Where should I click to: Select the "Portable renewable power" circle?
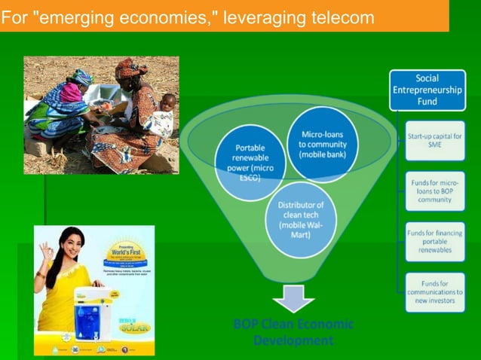(250, 162)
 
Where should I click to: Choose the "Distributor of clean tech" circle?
(300, 219)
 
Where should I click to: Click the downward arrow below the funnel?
(293, 298)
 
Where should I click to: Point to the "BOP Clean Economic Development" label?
(293, 332)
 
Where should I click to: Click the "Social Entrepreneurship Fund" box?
(427, 90)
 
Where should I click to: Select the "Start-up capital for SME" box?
(435, 140)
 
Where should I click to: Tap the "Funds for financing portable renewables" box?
(435, 242)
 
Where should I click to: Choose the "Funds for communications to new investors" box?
(435, 291)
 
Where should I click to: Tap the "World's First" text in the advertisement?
(123, 251)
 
